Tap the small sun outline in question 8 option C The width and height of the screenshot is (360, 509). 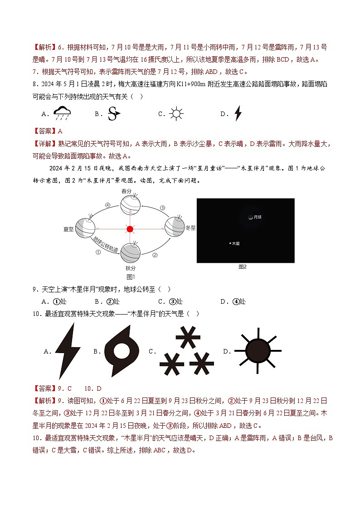tap(176, 113)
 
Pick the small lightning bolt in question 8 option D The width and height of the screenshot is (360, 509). tap(238, 113)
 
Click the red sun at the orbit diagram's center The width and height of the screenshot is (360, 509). tap(130, 229)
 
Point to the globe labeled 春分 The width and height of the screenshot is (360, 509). tap(130, 205)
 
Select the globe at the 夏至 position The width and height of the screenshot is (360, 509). tap(85, 228)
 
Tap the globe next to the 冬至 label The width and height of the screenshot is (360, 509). tap(175, 226)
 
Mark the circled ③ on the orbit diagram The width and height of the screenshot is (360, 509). tap(162, 208)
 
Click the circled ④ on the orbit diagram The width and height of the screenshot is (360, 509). tap(108, 205)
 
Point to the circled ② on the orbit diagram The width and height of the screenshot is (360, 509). tap(155, 255)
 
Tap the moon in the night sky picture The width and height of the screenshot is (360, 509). tap(250, 217)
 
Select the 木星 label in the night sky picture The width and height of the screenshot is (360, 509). tap(236, 243)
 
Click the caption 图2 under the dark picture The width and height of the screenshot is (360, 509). tap(243, 267)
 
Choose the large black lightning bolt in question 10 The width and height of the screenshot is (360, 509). tap(68, 350)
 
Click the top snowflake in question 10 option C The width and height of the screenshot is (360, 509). tap(187, 338)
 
